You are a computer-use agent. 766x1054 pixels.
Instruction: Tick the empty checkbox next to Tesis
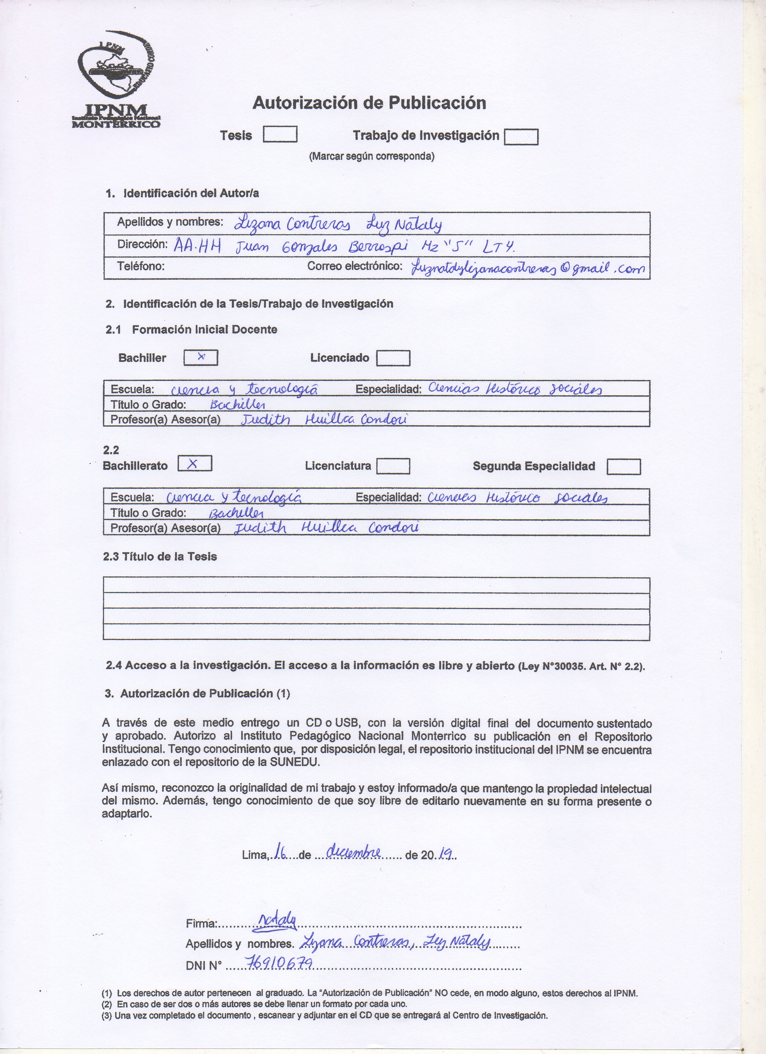[x=280, y=134]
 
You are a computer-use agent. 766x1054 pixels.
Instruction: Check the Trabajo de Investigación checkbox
[x=521, y=137]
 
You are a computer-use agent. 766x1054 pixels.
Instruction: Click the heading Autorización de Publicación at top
[x=369, y=103]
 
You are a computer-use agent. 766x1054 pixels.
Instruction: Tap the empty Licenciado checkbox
[x=393, y=358]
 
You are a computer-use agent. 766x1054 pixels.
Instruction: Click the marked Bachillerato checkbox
[x=195, y=464]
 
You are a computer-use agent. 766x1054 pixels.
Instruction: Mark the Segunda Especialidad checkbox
[x=623, y=466]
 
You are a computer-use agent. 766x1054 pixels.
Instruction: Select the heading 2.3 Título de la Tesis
[x=160, y=556]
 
